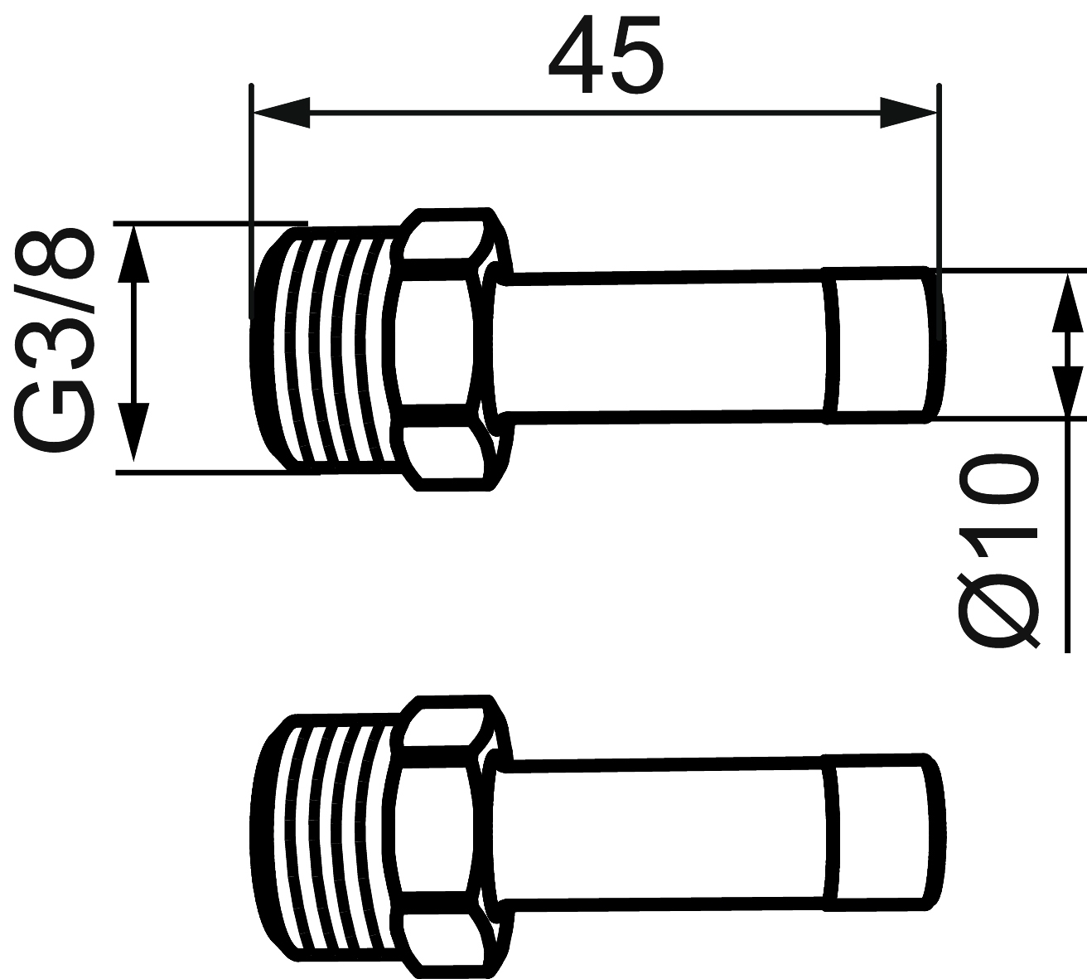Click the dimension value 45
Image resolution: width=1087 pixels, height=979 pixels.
pyautogui.click(x=606, y=54)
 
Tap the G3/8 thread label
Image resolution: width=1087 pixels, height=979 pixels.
pyautogui.click(x=54, y=342)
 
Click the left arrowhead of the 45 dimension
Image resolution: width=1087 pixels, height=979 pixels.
pyautogui.click(x=282, y=113)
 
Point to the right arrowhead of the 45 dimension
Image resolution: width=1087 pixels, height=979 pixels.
pyautogui.click(x=909, y=113)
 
